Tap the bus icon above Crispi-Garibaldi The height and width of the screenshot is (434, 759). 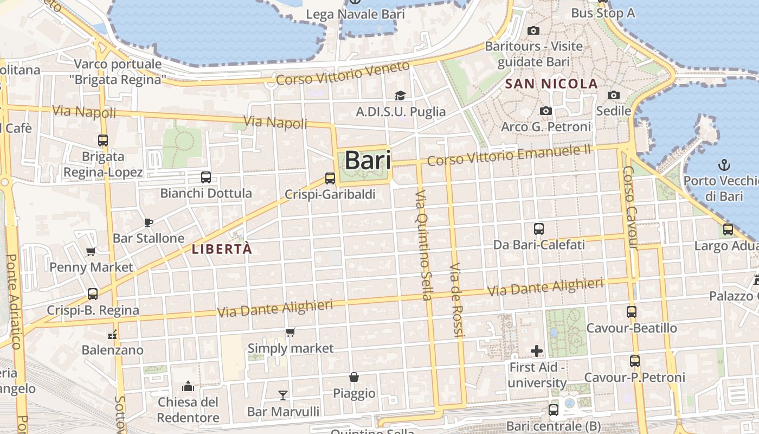330,178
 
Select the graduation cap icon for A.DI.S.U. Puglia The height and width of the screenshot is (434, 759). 400,96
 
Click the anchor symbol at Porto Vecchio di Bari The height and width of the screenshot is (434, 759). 723,164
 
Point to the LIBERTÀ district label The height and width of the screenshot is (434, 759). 222,249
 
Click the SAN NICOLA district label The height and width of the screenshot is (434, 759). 551,84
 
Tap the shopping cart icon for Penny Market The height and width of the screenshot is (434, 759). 91,251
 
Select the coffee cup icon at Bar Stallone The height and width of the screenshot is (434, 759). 149,222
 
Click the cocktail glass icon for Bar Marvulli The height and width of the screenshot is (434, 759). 282,395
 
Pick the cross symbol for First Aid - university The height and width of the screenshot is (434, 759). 537,351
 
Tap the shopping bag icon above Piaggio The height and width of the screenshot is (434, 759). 353,377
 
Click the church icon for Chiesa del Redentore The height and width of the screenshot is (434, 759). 188,386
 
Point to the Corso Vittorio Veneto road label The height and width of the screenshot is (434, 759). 343,73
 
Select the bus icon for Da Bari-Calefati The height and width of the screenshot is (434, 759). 538,229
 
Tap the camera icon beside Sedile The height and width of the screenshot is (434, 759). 613,95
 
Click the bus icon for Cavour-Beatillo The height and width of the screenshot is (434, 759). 632,312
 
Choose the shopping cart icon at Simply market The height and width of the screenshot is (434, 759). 291,332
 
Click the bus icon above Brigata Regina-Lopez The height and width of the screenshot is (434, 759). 103,141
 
